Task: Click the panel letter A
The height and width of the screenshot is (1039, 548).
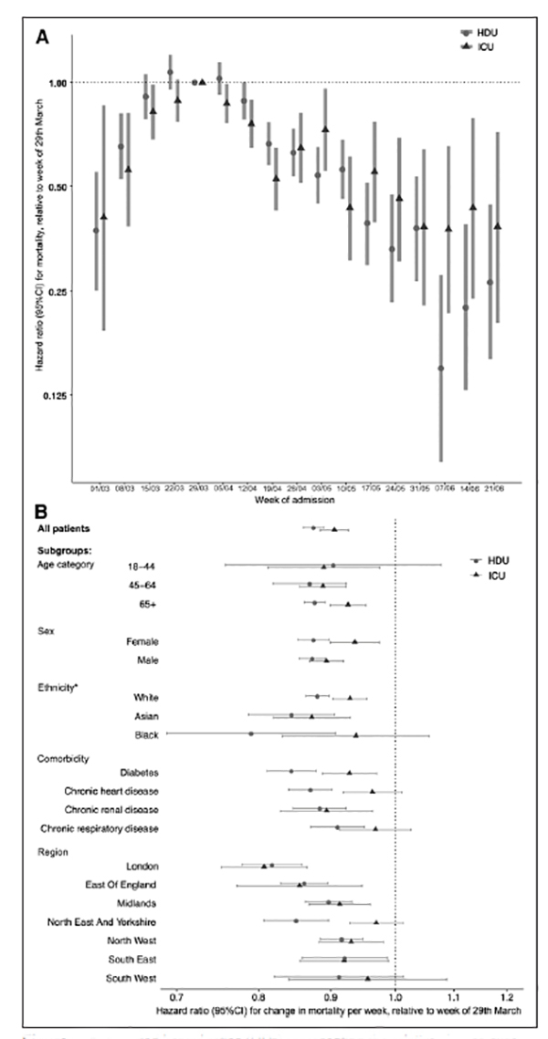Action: (41, 37)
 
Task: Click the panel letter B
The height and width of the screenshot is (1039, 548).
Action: (41, 513)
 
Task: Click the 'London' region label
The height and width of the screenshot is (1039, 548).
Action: (143, 866)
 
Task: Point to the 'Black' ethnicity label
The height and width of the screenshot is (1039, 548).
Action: (146, 733)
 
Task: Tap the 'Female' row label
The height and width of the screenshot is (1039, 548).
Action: (142, 641)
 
